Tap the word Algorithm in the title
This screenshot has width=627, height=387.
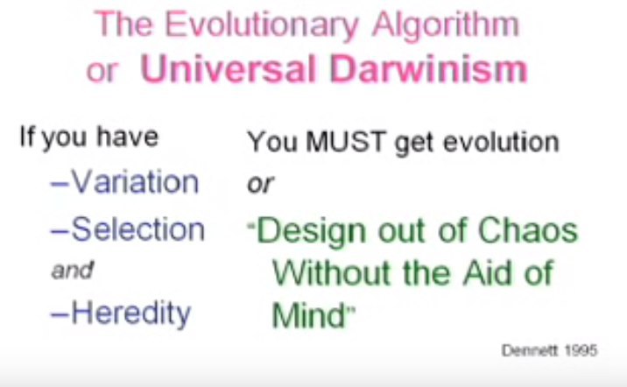pos(446,25)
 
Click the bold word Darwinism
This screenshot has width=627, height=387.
pos(428,68)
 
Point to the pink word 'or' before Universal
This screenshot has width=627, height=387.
pos(102,72)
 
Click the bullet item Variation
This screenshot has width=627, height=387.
pos(124,182)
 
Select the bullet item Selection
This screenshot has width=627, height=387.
pos(128,229)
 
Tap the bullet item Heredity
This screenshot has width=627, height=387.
pos(121,313)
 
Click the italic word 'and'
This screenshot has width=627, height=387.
pos(73,271)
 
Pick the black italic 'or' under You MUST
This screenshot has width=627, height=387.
pos(260,184)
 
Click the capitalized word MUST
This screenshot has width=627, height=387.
pos(346,142)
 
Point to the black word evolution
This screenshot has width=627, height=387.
pos(501,142)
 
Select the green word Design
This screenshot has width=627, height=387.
pos(311,233)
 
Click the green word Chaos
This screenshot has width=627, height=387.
pos(528,230)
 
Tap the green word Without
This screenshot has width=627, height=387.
pos(331,273)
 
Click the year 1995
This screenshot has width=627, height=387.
pos(581,350)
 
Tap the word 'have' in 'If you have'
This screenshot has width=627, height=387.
pos(128,137)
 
